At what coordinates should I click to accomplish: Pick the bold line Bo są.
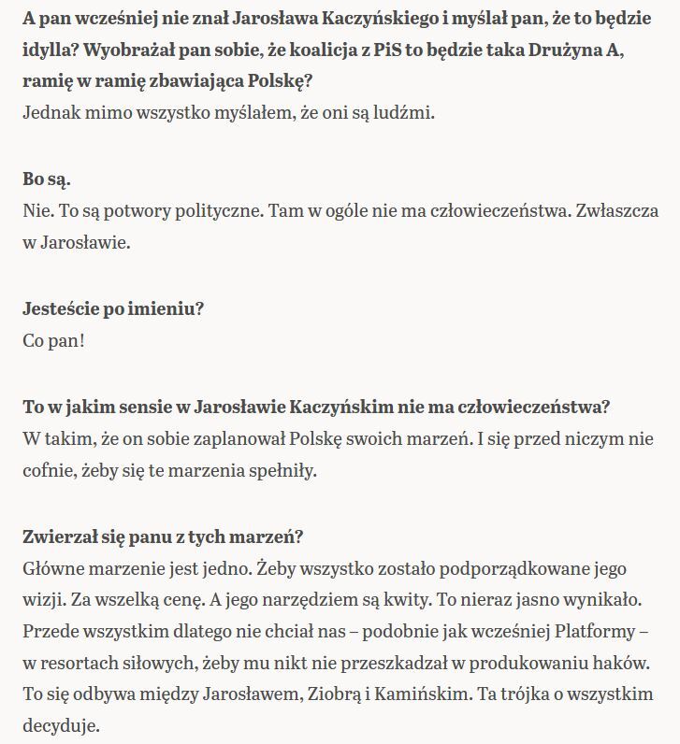47,179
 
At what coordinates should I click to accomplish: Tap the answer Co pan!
53,341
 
